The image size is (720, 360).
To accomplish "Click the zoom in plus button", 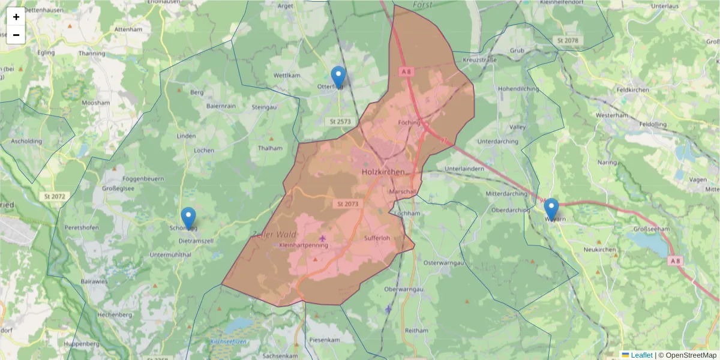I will point(16,17).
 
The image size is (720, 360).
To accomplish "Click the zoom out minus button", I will point(16,35).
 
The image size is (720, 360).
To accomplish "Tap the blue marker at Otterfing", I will point(338,77).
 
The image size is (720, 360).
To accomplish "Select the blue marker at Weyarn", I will point(551,209).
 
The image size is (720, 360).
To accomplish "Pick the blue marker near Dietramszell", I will point(188,218).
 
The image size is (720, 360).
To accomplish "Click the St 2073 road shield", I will point(348,204).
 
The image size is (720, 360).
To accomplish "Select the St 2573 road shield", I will point(340,121).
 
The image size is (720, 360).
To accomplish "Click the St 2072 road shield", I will point(55,196).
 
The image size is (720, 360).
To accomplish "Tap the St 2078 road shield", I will point(567,40).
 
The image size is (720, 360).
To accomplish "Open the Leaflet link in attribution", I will point(641,355).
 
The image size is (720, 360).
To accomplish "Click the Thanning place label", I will point(91,53).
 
